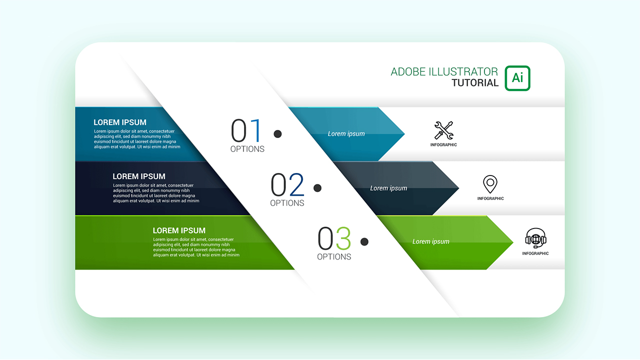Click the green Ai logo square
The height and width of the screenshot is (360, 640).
coord(517,78)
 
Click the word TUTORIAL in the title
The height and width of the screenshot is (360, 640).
coord(475,83)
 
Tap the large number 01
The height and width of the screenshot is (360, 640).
coord(246,131)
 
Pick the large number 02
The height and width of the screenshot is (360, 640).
coord(287,185)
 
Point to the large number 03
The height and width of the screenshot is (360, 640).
coord(334,238)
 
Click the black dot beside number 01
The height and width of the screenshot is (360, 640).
coord(277,133)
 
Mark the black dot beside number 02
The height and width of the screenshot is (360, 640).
coord(317,188)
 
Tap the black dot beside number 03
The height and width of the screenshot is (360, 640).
coord(364,241)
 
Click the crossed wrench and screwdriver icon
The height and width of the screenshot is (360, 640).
coord(443,130)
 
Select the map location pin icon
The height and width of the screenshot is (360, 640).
coord(490,184)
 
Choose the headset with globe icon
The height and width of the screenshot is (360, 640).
coord(535,238)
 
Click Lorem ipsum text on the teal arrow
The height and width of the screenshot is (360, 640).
coord(346,134)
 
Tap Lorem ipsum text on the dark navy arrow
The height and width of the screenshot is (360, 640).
coord(388,188)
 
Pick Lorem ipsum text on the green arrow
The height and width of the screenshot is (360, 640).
coord(430,241)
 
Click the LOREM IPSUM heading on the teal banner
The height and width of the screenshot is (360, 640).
coord(120,122)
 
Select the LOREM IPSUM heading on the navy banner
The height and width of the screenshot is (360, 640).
coord(139,176)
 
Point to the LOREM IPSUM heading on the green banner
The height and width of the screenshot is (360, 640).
coord(179,230)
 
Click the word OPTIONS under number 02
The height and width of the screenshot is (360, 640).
coord(287,203)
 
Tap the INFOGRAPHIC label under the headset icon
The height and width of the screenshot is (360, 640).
coord(535,253)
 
